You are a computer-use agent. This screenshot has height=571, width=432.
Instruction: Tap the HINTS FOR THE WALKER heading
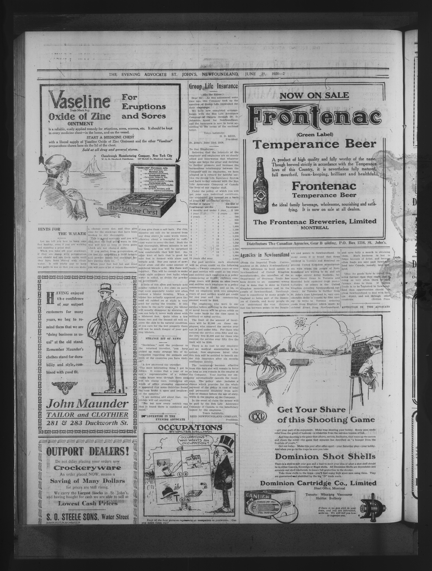(62, 231)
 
